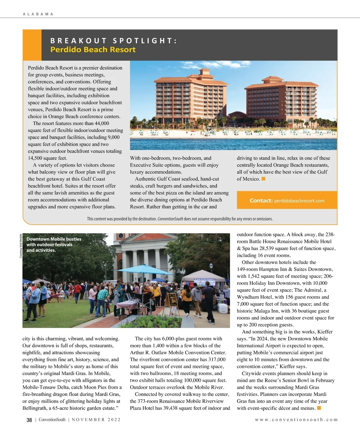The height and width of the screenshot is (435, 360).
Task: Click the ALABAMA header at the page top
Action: coord(38,14)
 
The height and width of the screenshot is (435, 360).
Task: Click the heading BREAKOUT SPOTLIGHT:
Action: coord(114,41)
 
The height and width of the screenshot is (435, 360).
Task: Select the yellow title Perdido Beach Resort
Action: coord(93,49)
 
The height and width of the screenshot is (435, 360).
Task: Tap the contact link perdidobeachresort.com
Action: coord(299,201)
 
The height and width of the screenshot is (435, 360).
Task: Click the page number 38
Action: coord(29,420)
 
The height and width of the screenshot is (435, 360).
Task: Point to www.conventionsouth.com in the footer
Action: coord(296,420)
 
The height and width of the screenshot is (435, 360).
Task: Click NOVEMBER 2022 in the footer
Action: coord(96,420)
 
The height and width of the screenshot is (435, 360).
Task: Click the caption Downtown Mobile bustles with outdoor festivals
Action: coord(54,244)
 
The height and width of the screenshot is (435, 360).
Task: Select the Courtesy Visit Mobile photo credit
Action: coord(21,246)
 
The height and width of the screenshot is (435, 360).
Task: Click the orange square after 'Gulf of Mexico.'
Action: coord(263,179)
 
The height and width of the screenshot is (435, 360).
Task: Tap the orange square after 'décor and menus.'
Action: coord(319,408)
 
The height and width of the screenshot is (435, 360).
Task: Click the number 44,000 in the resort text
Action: coord(102,123)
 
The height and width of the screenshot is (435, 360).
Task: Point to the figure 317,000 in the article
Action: coord(217,359)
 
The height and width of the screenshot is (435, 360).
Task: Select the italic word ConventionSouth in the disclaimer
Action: coord(170,219)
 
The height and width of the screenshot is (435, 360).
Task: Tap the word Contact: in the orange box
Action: coord(261,200)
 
